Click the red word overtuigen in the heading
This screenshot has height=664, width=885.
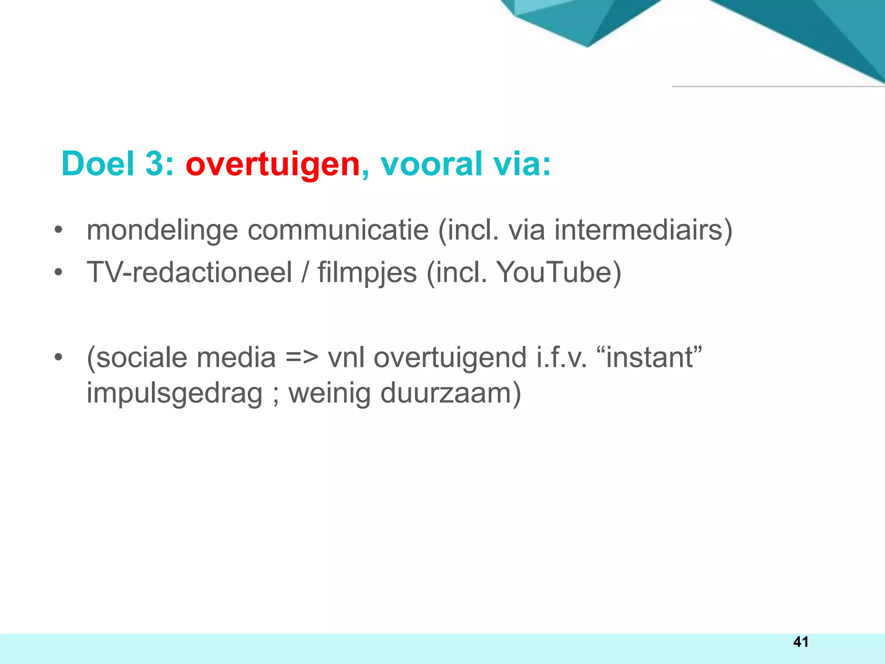(x=273, y=164)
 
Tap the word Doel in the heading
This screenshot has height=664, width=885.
(x=98, y=164)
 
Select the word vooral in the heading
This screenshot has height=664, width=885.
(x=431, y=164)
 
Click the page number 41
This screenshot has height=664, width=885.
(x=800, y=642)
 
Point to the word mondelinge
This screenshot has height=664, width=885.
(x=162, y=230)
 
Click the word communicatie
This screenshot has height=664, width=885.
(x=338, y=230)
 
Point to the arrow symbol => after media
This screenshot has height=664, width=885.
(x=302, y=358)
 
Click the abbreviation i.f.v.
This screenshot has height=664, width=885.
(x=561, y=358)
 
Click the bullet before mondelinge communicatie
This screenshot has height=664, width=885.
(x=58, y=230)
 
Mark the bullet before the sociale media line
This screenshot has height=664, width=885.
(x=58, y=358)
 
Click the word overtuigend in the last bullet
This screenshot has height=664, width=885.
(x=450, y=358)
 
